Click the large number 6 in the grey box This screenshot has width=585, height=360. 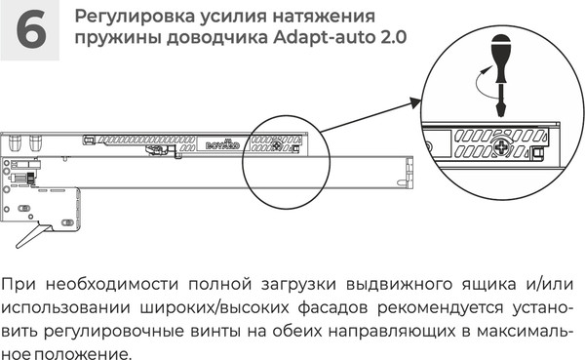(x=32, y=29)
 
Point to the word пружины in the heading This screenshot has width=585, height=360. (x=110, y=39)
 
